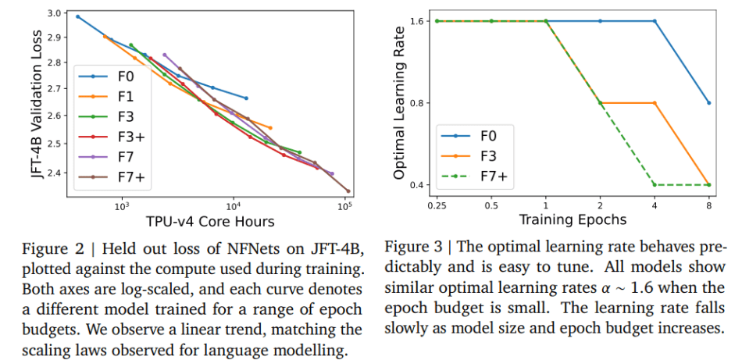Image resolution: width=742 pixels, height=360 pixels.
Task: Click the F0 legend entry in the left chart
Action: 118,77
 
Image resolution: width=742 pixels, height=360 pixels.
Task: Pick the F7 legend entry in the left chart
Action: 118,157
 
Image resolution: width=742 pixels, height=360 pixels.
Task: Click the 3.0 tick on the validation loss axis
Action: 53,14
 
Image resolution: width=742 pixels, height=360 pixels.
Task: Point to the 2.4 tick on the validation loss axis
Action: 53,173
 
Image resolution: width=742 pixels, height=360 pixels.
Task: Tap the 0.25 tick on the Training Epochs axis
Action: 437,205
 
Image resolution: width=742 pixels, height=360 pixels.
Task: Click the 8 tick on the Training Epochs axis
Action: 708,205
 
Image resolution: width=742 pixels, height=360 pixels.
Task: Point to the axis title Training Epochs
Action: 573,220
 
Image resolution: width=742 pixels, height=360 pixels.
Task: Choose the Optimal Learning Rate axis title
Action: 399,102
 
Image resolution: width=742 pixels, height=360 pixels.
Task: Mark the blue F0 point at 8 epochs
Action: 708,103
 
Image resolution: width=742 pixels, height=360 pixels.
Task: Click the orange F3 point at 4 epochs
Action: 655,103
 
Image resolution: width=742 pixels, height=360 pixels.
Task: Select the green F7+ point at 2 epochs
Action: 600,103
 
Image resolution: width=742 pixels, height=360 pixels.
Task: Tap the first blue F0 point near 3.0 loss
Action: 77,16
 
